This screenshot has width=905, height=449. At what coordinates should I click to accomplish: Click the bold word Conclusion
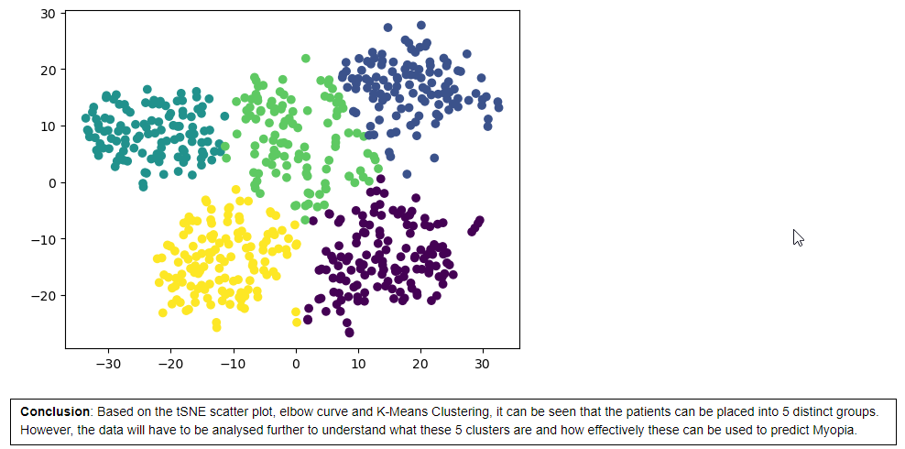[54, 412]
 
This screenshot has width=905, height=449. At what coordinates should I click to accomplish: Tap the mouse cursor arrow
[798, 237]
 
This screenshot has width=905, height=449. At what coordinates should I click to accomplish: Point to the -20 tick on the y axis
[43, 296]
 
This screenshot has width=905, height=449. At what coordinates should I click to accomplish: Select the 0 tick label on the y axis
[53, 183]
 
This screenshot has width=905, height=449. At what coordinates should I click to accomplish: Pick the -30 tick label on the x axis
[108, 365]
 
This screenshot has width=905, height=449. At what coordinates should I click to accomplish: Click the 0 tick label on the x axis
[296, 365]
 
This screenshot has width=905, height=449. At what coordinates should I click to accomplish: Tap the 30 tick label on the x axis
[482, 365]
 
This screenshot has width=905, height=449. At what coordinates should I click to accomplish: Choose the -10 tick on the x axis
[233, 365]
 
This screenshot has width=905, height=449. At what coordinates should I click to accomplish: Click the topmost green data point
[306, 59]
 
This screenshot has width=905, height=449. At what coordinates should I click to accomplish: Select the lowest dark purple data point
[349, 332]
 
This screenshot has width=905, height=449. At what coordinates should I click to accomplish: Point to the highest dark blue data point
[420, 26]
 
